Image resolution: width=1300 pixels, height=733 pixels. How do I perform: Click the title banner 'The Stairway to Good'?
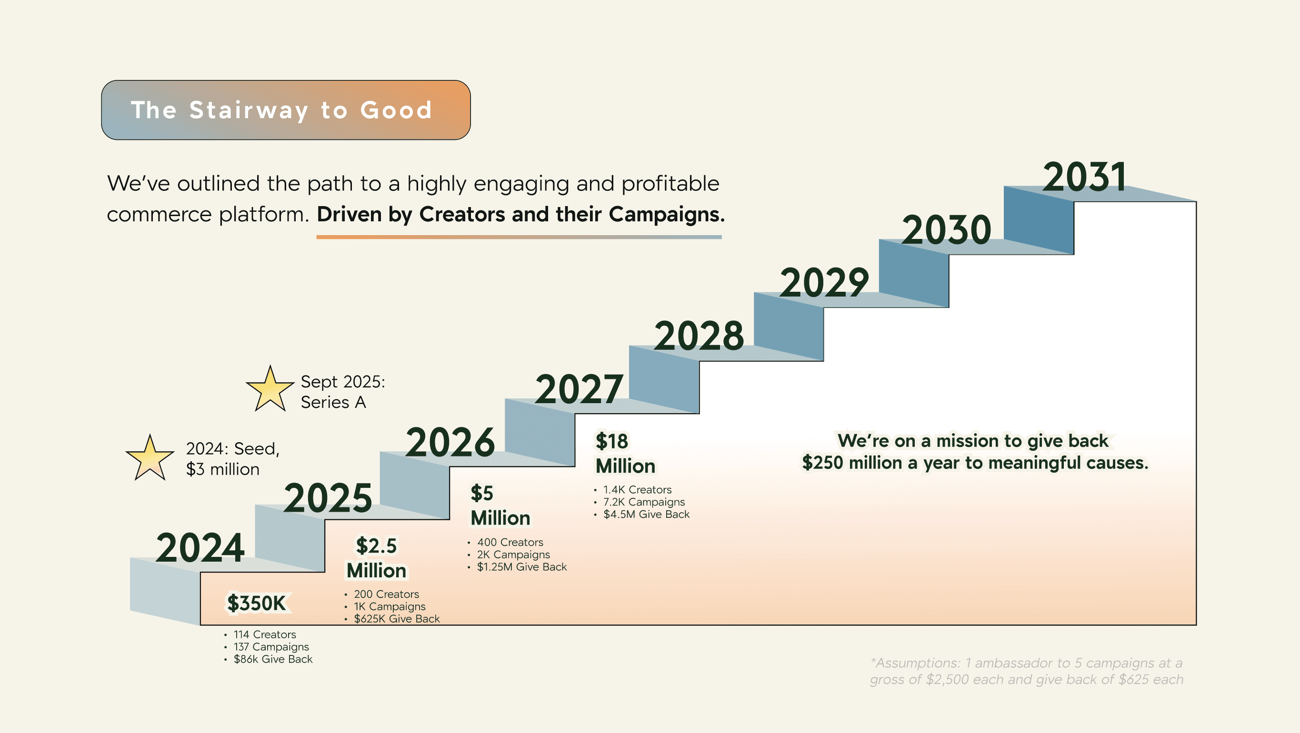(x=286, y=110)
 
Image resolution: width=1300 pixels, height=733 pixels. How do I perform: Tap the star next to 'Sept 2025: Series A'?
(x=270, y=389)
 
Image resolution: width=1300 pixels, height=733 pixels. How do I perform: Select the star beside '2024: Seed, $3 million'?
(x=150, y=458)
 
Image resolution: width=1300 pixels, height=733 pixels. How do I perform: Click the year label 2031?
(x=1084, y=177)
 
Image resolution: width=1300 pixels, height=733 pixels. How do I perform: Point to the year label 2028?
(x=699, y=336)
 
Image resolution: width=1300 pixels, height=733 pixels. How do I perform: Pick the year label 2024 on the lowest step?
(x=200, y=548)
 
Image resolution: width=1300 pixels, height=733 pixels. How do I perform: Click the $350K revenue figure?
(x=256, y=604)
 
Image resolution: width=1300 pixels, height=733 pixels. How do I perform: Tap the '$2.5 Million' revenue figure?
(x=377, y=558)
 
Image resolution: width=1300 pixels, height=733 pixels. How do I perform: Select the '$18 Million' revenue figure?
(x=625, y=454)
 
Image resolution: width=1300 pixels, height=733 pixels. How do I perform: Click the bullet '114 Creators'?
(x=264, y=634)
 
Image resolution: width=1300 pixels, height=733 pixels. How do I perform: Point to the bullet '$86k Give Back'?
(x=273, y=659)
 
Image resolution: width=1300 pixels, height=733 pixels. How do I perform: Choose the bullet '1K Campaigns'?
(x=390, y=606)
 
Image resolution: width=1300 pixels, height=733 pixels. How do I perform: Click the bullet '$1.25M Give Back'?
(x=522, y=566)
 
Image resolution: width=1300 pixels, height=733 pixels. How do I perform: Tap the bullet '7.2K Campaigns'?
(x=644, y=502)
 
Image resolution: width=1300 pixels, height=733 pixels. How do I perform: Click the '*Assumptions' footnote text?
(x=1027, y=671)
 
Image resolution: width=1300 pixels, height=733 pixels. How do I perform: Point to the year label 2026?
(x=450, y=443)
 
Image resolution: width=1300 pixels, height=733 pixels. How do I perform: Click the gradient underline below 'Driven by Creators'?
(x=519, y=237)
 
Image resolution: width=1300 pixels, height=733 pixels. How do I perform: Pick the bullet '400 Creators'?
(x=510, y=542)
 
